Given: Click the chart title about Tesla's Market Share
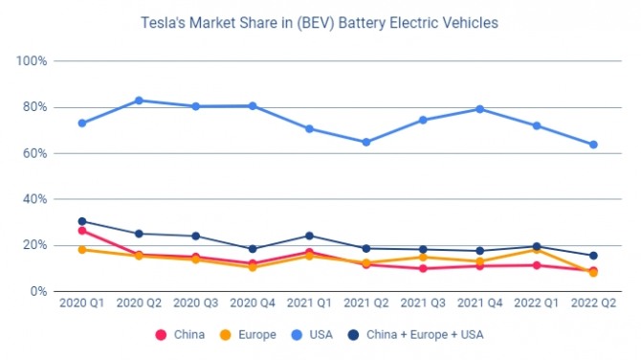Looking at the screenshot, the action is click(320, 23).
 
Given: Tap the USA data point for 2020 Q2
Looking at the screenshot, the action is click(139, 101).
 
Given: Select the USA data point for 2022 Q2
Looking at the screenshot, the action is click(593, 145).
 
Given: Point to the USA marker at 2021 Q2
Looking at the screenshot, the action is click(366, 143).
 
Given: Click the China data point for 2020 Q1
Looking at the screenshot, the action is click(82, 231).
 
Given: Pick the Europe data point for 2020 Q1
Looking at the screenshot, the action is click(82, 250).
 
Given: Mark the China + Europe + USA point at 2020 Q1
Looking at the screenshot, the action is click(82, 221).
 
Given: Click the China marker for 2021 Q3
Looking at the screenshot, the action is click(423, 269).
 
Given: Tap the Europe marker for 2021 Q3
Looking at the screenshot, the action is click(423, 258).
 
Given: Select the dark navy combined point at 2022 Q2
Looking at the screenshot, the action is click(593, 256).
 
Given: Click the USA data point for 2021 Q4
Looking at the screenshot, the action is click(480, 109).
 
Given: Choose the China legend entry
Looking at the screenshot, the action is click(180, 335).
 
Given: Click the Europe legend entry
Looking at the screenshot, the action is click(248, 335).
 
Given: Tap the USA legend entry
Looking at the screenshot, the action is click(312, 335).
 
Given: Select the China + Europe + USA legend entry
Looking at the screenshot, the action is click(415, 335).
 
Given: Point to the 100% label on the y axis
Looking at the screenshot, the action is click(32, 61).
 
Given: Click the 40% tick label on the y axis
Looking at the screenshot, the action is click(34, 199).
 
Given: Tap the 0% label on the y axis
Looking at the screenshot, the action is click(38, 292).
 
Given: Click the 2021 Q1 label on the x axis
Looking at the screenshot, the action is click(309, 304).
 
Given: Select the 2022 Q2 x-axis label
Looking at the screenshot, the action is click(593, 304).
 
